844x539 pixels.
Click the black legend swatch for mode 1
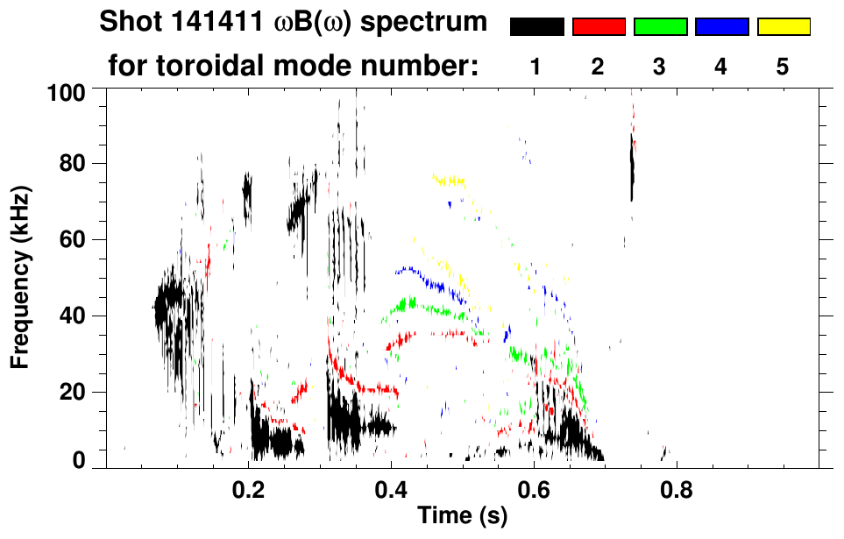pyautogui.click(x=536, y=27)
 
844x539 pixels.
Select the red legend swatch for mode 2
pyautogui.click(x=598, y=27)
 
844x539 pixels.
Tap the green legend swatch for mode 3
pyautogui.click(x=660, y=27)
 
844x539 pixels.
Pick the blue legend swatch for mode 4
pyautogui.click(x=721, y=27)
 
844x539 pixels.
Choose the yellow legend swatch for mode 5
pyautogui.click(x=783, y=27)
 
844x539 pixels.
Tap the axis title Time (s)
pyautogui.click(x=462, y=517)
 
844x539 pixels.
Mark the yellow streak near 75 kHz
pyautogui.click(x=448, y=181)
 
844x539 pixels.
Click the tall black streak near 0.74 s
pyautogui.click(x=631, y=167)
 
